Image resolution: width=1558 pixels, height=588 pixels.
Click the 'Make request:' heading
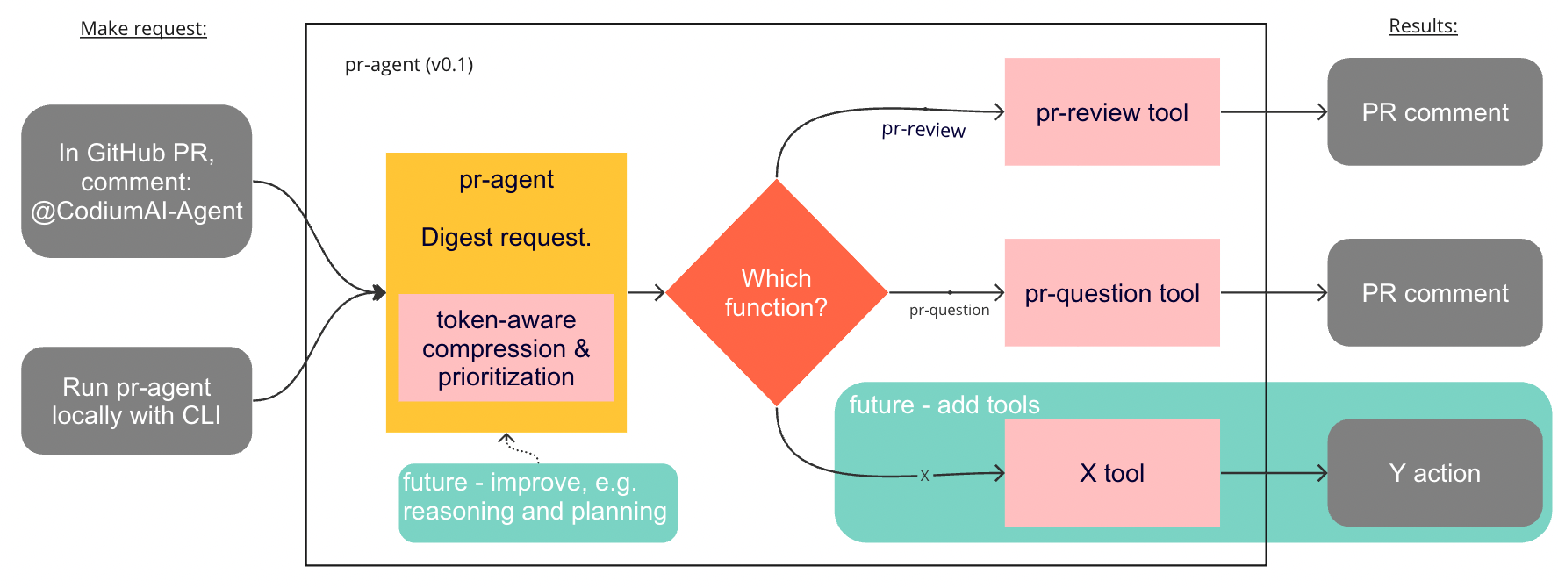[x=143, y=29]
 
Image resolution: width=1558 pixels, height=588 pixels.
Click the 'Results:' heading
[x=1423, y=26]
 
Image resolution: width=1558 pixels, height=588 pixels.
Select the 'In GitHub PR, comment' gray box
[x=137, y=182]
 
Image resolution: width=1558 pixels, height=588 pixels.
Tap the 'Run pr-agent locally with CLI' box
[x=137, y=401]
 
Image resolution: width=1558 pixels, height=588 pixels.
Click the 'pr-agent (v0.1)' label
[x=409, y=65]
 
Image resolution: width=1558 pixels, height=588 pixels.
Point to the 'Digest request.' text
[x=506, y=238]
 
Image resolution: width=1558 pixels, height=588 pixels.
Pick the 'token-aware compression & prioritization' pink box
[x=506, y=348]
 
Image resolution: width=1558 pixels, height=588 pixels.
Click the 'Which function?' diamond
[x=777, y=293]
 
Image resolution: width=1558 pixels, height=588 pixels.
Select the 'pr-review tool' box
[x=1112, y=112]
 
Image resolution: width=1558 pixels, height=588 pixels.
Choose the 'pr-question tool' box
[x=1112, y=293]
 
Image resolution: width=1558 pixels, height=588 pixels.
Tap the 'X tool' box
[x=1112, y=474]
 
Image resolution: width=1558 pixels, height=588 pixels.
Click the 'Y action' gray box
[x=1435, y=474]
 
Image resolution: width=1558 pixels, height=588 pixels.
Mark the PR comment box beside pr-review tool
[x=1435, y=112]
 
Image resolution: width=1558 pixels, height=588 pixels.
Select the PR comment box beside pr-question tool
[x=1435, y=293]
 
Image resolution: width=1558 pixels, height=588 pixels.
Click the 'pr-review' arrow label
[x=923, y=130]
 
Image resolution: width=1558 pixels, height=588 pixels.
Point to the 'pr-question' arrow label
[x=949, y=310]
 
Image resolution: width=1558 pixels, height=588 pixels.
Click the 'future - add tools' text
[x=944, y=405]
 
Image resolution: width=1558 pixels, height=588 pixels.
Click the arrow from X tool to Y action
[x=1274, y=474]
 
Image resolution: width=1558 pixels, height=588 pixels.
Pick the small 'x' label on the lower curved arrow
[x=924, y=476]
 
